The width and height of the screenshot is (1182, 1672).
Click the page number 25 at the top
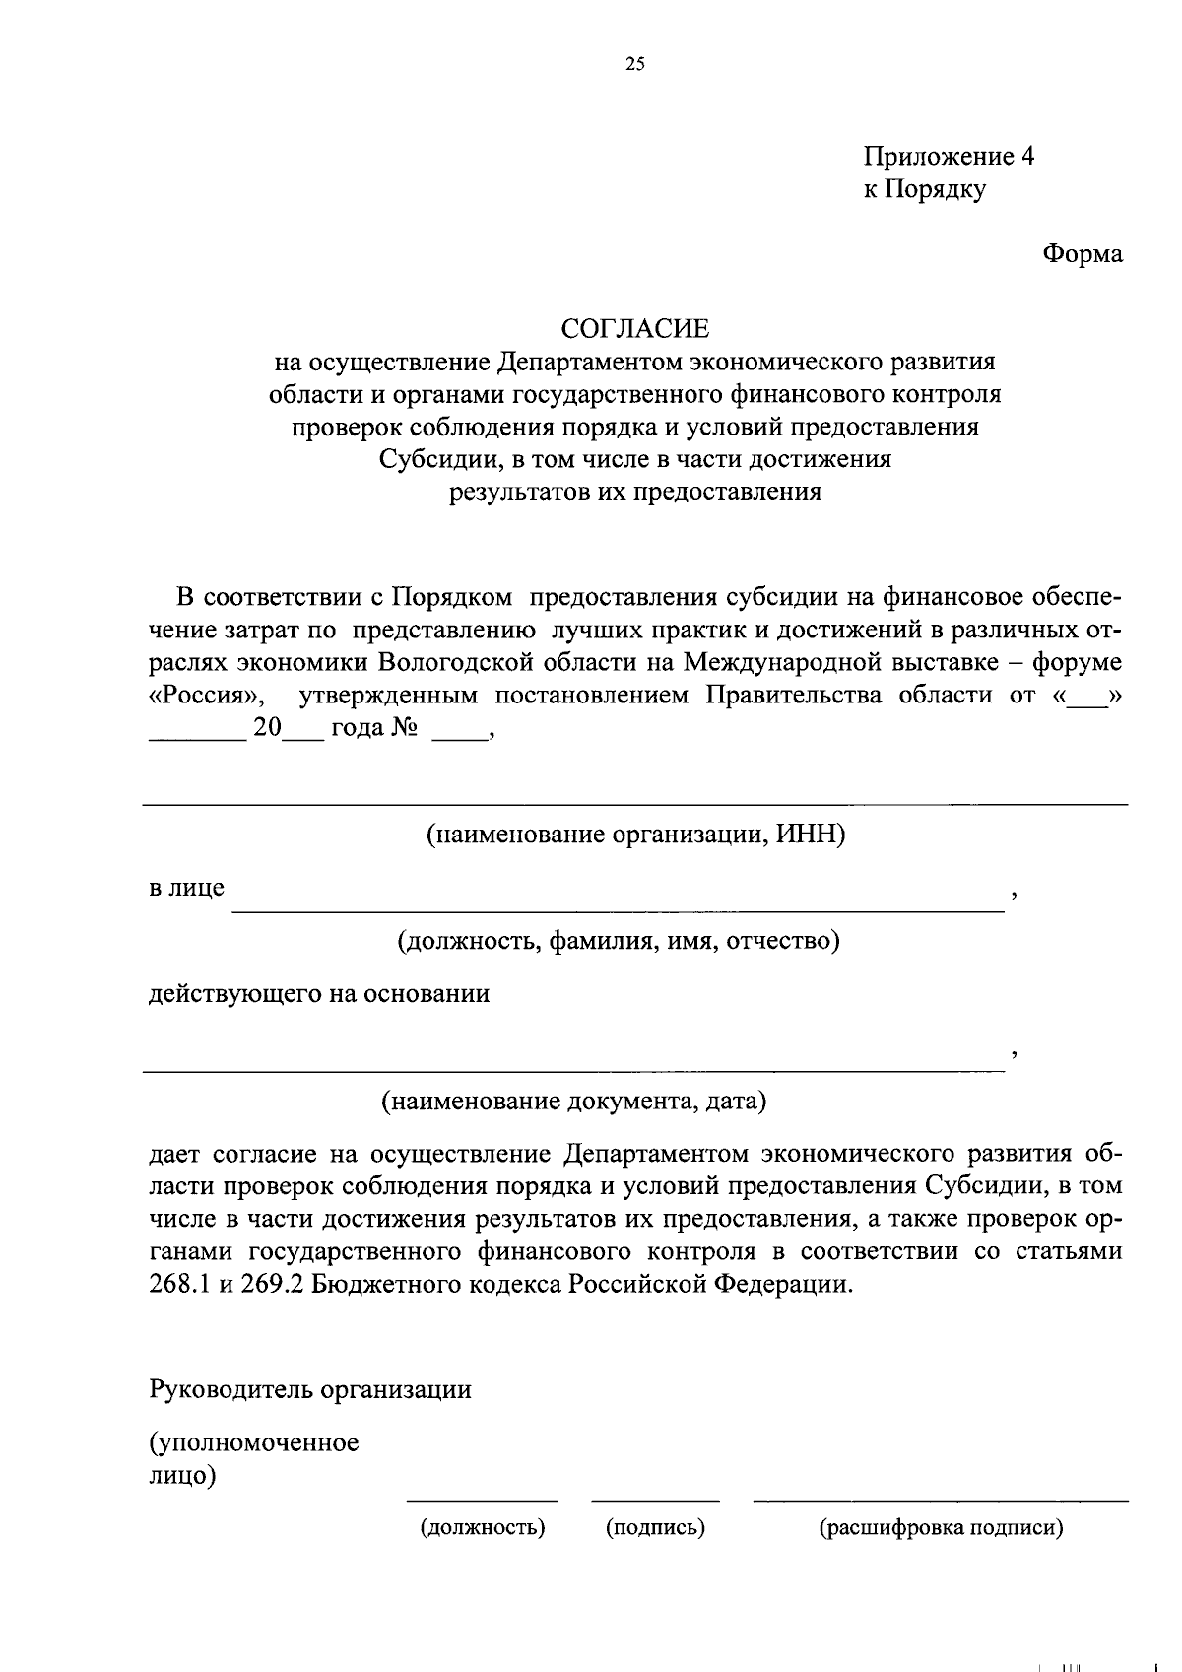pyautogui.click(x=634, y=65)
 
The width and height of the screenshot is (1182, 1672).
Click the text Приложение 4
pyautogui.click(x=949, y=157)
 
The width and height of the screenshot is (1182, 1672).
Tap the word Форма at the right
pyautogui.click(x=1083, y=253)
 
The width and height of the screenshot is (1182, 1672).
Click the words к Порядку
pyautogui.click(x=924, y=189)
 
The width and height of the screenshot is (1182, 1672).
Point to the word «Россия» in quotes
pyautogui.click(x=206, y=696)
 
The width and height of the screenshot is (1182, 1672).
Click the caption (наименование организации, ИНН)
pyautogui.click(x=635, y=836)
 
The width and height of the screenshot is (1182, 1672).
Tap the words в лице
pyautogui.click(x=186, y=888)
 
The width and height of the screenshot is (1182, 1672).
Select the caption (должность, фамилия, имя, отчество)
pyautogui.click(x=618, y=941)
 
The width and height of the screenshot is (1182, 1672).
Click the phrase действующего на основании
pyautogui.click(x=319, y=993)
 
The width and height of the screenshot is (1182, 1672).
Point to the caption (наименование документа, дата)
pyautogui.click(x=573, y=1101)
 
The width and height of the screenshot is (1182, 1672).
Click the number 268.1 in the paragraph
pyautogui.click(x=178, y=1285)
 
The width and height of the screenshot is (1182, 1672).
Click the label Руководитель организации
pyautogui.click(x=310, y=1389)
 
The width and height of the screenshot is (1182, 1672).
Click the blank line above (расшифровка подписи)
pyautogui.click(x=941, y=1500)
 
